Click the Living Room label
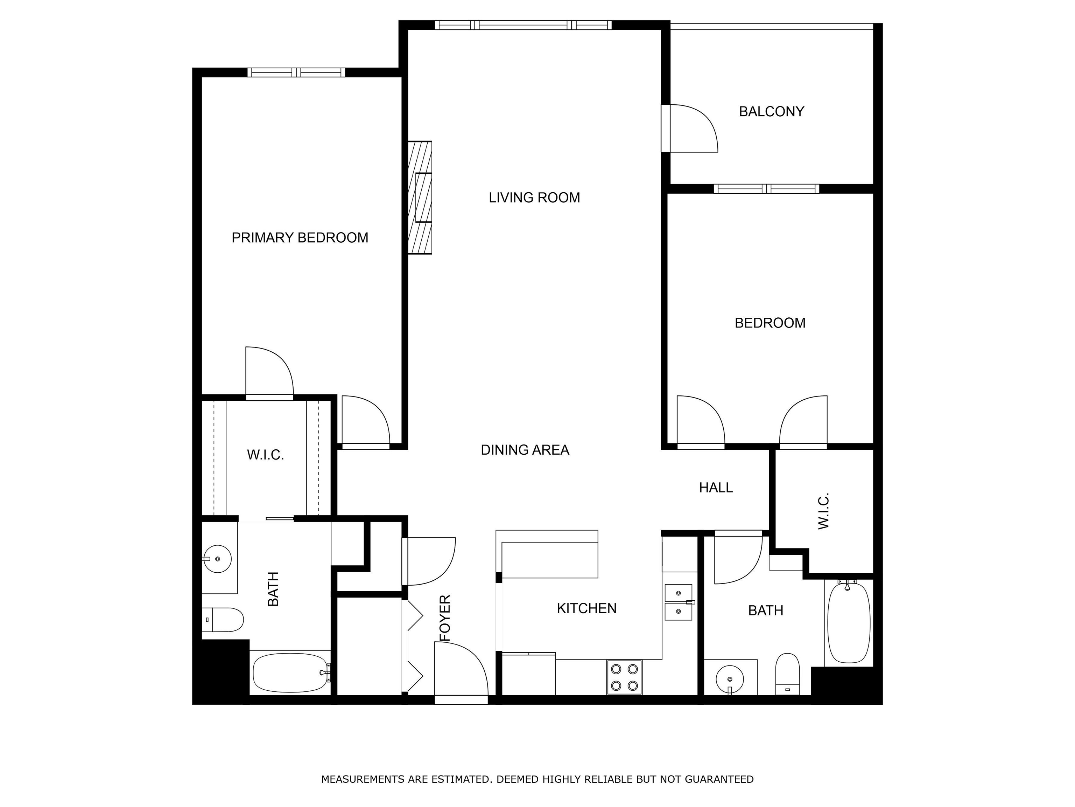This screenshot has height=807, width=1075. click(534, 198)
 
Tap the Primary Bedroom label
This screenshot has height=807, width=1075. click(300, 237)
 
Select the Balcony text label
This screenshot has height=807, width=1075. click(771, 111)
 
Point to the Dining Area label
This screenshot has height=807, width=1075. click(525, 450)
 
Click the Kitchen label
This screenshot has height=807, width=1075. click(586, 608)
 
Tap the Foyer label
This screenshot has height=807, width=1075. click(445, 618)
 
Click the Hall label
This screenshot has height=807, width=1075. click(716, 488)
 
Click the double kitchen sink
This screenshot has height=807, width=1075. click(679, 603)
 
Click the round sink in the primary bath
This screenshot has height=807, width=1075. click(217, 559)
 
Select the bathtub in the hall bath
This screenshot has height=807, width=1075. click(849, 622)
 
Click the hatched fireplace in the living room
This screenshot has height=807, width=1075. click(420, 198)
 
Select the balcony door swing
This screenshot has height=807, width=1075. click(690, 129)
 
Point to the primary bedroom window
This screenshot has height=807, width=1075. click(296, 73)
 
